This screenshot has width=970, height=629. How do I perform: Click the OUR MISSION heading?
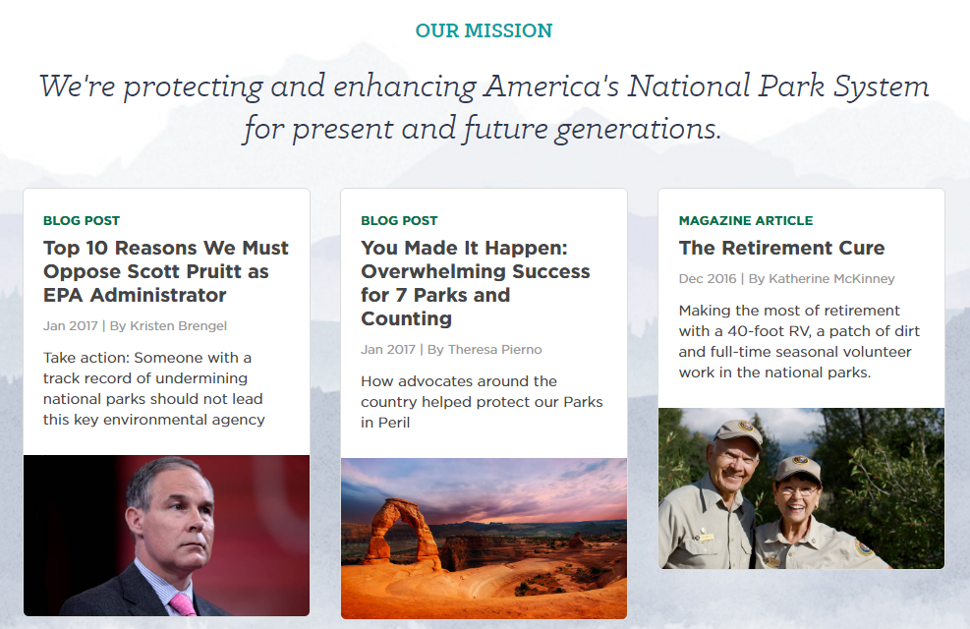coord(484,30)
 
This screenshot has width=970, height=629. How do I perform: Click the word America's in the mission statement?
coord(551,86)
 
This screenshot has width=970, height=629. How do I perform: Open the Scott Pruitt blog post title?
coord(166,271)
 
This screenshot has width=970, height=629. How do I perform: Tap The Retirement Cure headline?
coord(781,248)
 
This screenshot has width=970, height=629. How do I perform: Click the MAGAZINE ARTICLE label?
coord(746,221)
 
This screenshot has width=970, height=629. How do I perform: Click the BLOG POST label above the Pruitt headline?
coord(81,221)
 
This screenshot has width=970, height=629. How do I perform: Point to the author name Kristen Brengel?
coord(178,326)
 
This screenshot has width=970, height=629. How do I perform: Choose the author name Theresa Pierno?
coord(495,350)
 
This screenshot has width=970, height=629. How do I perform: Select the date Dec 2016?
coord(707,279)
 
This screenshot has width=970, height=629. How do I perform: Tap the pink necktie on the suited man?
coord(181,604)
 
